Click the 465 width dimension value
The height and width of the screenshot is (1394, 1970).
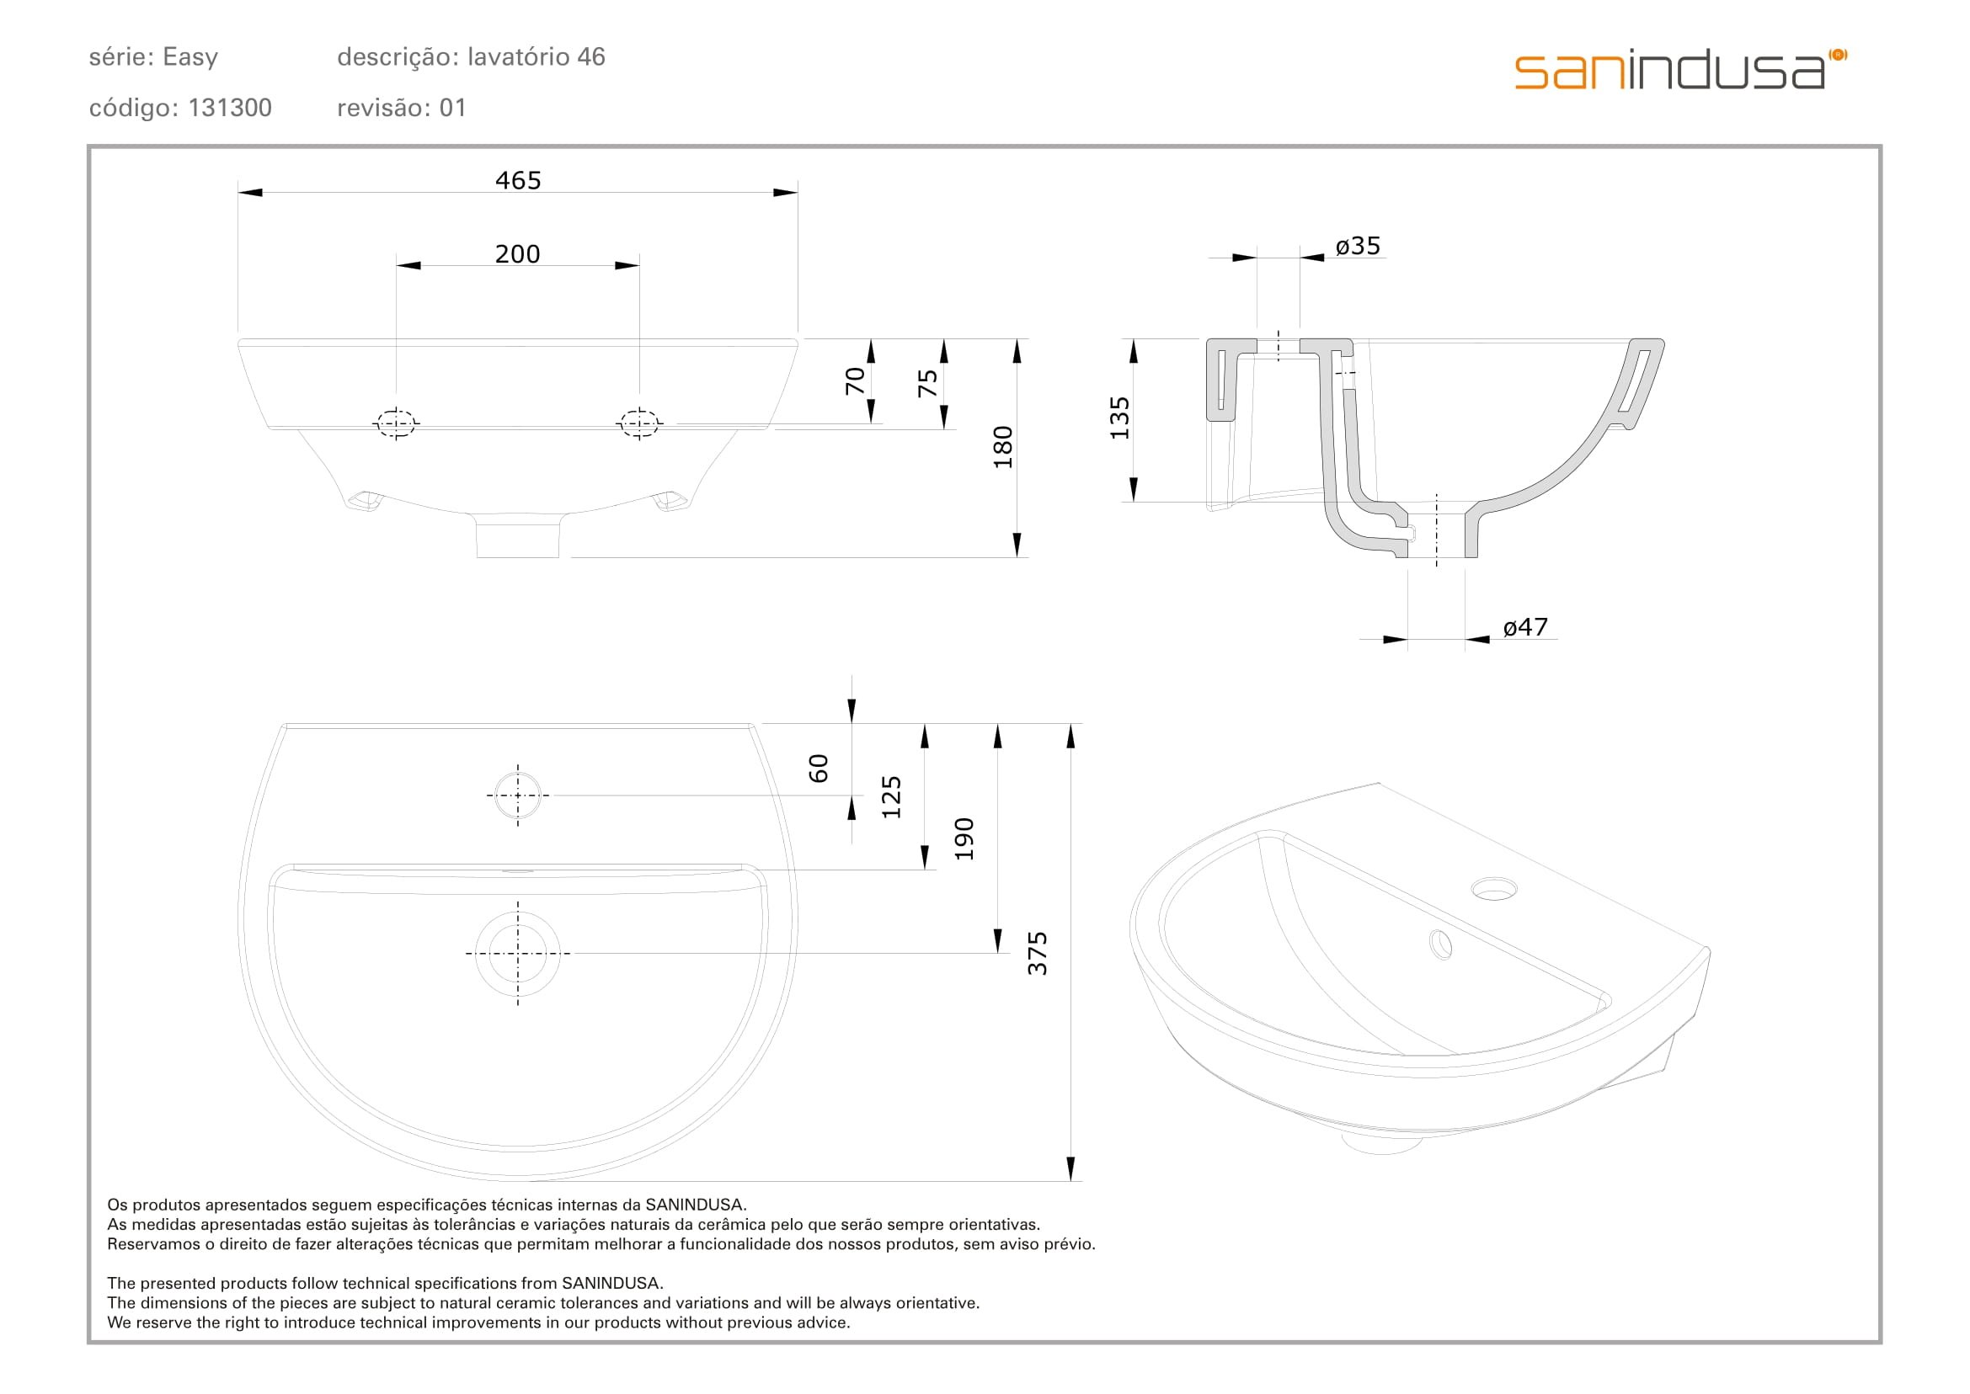click(x=518, y=180)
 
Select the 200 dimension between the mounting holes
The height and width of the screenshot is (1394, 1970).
click(x=517, y=254)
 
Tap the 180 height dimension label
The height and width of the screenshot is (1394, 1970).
click(x=1002, y=446)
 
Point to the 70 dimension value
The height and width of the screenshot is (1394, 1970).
click(x=855, y=380)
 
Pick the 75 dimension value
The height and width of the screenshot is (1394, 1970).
click(x=927, y=383)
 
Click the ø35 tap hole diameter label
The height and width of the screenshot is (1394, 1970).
click(x=1358, y=247)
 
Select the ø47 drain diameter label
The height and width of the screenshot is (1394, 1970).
click(x=1525, y=627)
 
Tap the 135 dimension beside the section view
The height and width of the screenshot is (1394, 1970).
click(x=1120, y=418)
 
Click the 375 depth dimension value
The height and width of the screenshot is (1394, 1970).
click(x=1038, y=953)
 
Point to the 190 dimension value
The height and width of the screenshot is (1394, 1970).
click(x=964, y=838)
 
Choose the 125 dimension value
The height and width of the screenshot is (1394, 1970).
click(x=891, y=796)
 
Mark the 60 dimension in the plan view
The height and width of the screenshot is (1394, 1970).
click(x=819, y=769)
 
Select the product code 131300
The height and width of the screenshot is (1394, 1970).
click(x=229, y=108)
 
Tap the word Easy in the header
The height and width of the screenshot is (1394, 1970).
click(x=190, y=57)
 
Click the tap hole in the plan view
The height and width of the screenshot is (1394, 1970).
click(x=518, y=795)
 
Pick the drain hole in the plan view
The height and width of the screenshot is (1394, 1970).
click(x=518, y=953)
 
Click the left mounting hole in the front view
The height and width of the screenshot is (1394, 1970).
click(x=396, y=423)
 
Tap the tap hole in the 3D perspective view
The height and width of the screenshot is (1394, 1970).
click(x=1494, y=888)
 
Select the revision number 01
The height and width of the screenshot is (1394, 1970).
click(x=452, y=108)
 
